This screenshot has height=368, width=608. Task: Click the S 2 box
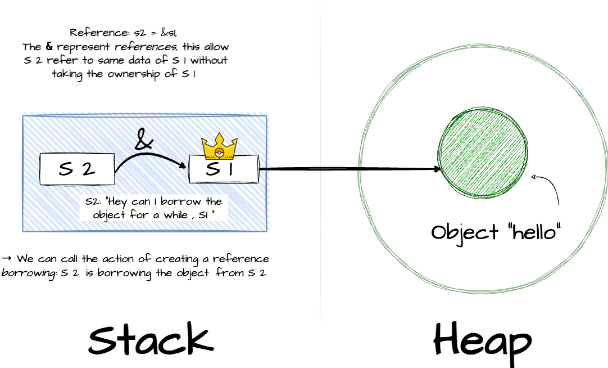tap(76, 169)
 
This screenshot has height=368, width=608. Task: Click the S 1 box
tap(223, 169)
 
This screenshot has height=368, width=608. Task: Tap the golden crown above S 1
tap(220, 148)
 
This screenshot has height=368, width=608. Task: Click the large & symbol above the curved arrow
tap(144, 140)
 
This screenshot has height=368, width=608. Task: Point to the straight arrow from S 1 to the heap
tap(348, 168)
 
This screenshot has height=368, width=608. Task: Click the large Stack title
tap(151, 339)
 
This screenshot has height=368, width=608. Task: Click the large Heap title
tap(482, 341)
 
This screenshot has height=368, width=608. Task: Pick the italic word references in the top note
tap(146, 47)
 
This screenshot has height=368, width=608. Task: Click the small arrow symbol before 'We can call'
tap(7, 259)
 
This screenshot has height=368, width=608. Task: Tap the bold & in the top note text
tap(49, 47)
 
